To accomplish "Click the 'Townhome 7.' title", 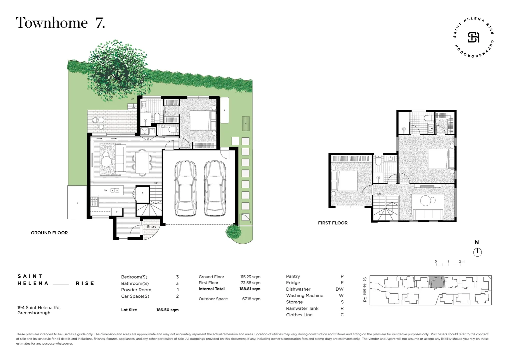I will point(60,23).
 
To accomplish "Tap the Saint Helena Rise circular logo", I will point(473,37).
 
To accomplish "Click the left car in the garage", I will point(186,189).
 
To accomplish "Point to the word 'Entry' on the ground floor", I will point(152,227).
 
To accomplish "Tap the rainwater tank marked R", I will point(225,110).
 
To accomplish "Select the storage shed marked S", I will point(77,203).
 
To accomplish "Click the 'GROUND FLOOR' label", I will point(49,233).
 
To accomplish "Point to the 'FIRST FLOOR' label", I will point(332,223).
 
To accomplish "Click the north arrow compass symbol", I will point(477,252).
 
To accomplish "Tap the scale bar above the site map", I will point(448,265).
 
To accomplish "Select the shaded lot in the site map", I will point(436,283).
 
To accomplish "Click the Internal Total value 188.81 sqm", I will point(250,289).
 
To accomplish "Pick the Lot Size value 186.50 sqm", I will point(167,310).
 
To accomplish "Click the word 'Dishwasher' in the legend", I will point(298,289).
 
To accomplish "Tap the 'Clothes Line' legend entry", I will point(299,315).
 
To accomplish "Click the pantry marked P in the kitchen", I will point(143,194).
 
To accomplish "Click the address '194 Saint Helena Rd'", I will point(39,308).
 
